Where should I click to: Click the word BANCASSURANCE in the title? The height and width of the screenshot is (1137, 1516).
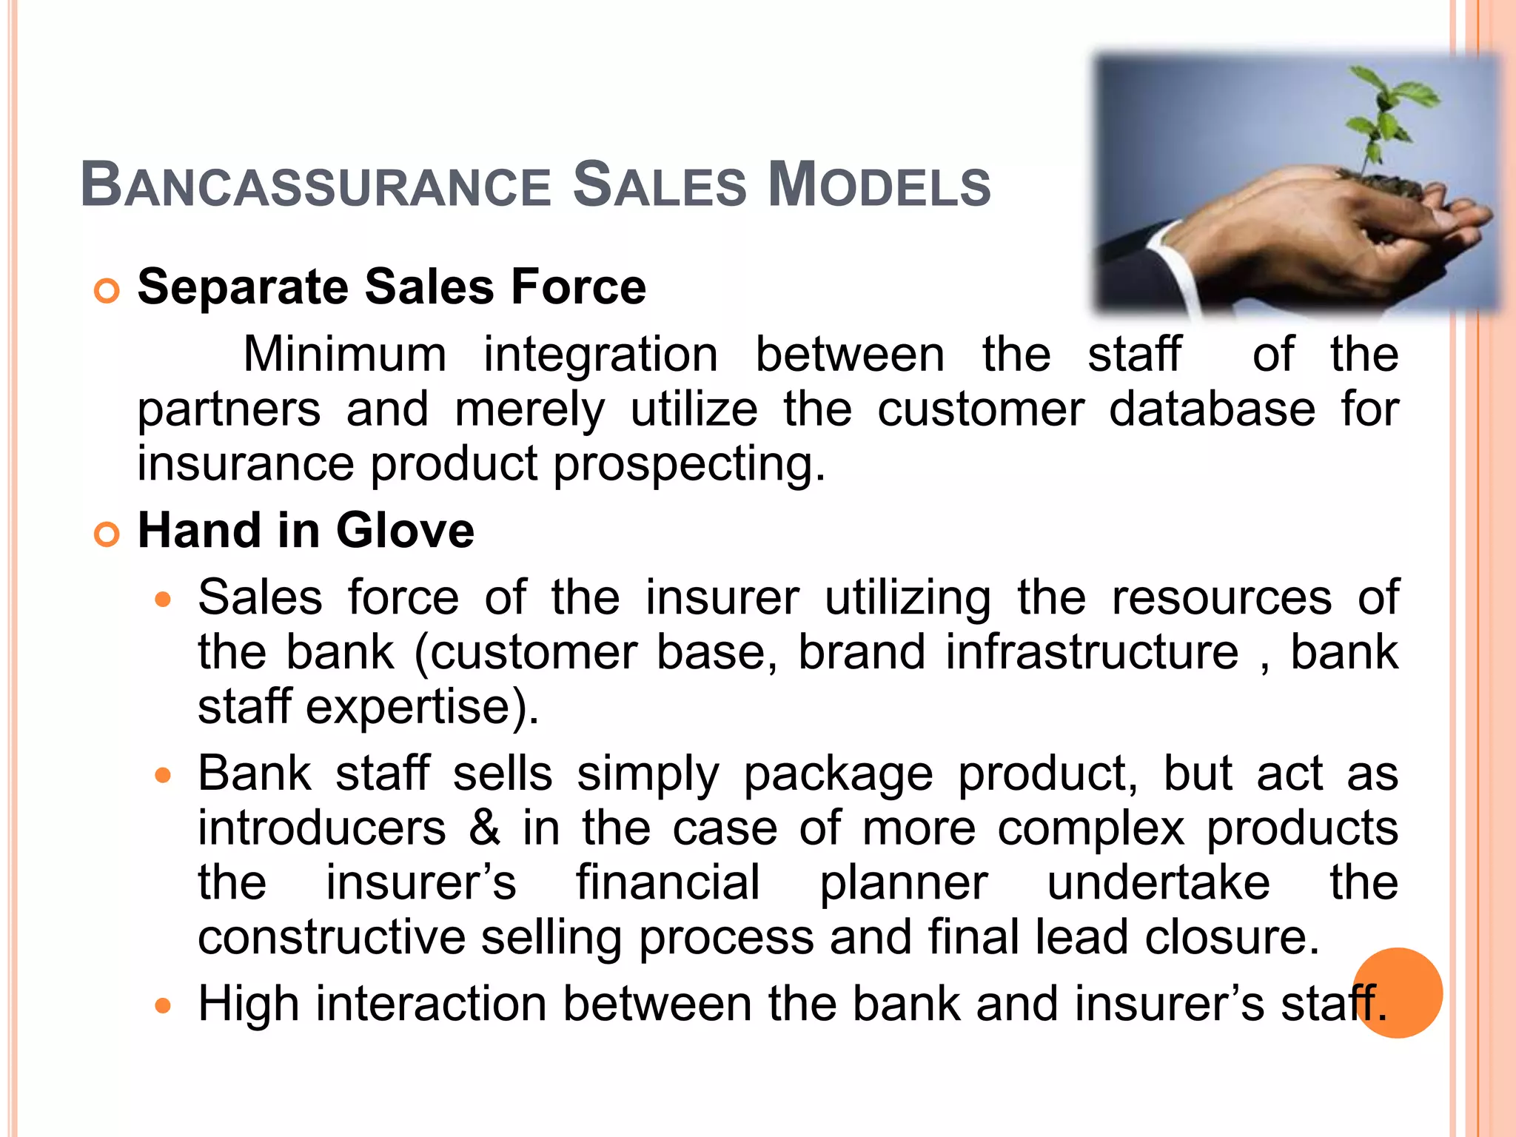(315, 185)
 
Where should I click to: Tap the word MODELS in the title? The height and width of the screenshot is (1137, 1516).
(879, 185)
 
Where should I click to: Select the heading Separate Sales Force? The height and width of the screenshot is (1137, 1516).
(392, 287)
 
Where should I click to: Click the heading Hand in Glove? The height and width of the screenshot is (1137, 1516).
(306, 531)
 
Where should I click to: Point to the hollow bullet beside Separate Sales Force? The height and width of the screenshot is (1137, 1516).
(107, 291)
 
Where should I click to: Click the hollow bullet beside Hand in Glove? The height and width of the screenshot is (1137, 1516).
(107, 534)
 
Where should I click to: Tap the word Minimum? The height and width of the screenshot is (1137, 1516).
(345, 354)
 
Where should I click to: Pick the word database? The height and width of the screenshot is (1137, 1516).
(1212, 409)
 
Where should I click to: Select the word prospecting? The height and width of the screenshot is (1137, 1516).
(688, 465)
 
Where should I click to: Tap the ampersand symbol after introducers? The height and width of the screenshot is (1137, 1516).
(485, 828)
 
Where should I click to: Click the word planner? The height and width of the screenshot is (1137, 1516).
(903, 882)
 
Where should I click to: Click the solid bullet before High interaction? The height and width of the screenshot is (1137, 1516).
(163, 1006)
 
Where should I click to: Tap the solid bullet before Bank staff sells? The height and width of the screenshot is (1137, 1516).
(163, 776)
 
